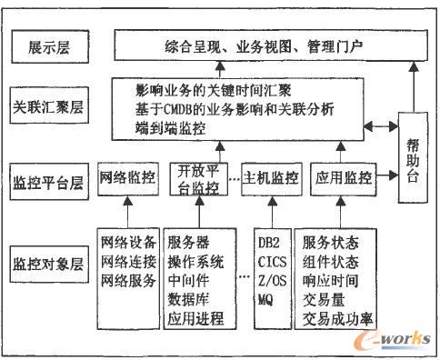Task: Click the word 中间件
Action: coord(188,281)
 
